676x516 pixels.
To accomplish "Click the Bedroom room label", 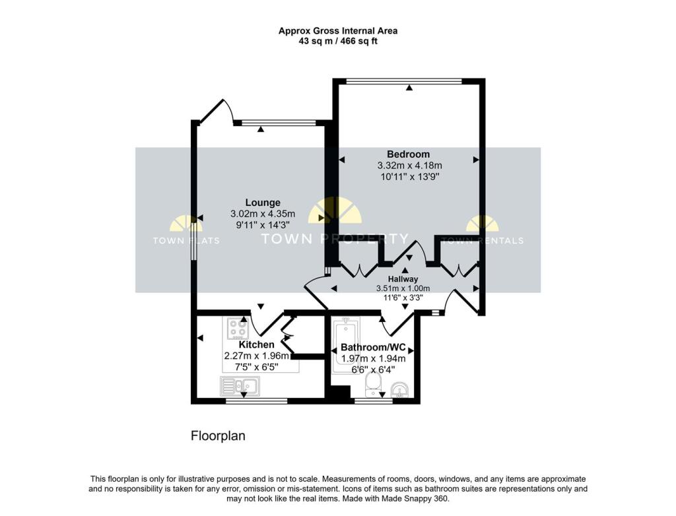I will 409,154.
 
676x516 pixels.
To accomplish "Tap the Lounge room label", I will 263,203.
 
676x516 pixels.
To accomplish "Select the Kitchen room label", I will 256,345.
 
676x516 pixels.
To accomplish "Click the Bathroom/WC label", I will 373,347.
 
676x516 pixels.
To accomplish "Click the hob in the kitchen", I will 238,328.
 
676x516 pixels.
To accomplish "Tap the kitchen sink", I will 240,385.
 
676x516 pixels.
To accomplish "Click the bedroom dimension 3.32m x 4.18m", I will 409,166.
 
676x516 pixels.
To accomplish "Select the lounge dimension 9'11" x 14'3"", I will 263,225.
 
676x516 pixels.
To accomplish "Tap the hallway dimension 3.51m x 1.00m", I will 403,288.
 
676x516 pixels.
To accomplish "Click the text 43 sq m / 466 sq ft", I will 337,41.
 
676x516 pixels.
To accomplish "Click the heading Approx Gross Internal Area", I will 337,30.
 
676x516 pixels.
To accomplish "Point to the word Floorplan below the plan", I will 218,435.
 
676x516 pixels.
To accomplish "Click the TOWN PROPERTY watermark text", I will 335,239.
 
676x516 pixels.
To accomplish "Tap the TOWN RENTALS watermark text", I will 482,241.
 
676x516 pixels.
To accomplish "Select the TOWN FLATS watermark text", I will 186,241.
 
